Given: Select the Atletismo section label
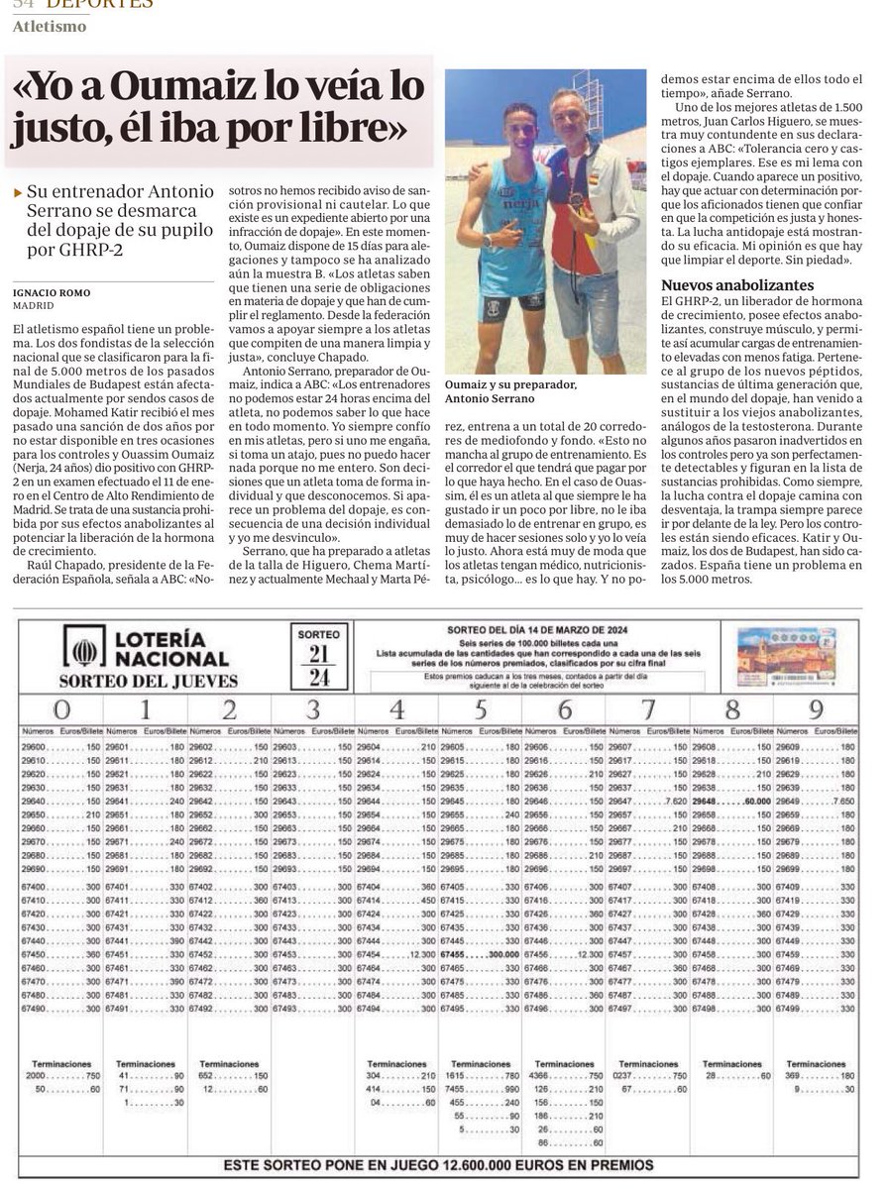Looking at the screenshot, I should coord(49,27).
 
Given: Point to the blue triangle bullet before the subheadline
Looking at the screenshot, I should coord(18,192).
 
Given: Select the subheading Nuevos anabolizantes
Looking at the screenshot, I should coord(737,285).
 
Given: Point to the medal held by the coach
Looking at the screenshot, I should coord(577,199).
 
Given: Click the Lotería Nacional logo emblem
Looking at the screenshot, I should coord(85,651).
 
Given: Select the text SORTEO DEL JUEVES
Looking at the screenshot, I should coord(148,682).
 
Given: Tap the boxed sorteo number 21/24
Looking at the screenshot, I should coord(318,658).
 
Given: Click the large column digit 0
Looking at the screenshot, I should coord(61,709).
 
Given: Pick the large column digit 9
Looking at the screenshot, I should coord(816,709).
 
